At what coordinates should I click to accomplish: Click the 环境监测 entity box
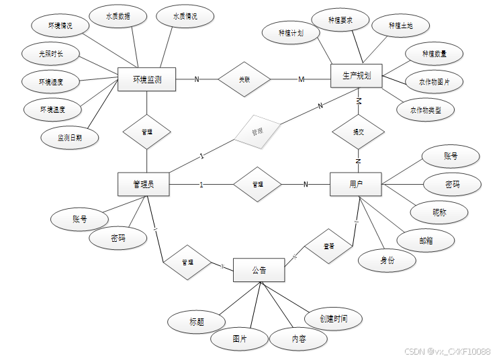[146, 80]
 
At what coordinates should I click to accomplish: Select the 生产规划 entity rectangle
[356, 77]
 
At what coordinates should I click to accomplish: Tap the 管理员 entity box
[143, 184]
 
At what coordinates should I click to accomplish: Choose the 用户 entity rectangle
[356, 184]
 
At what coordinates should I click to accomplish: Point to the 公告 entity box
[259, 270]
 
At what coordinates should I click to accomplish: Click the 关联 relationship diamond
[244, 79]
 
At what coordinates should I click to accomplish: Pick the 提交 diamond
[359, 132]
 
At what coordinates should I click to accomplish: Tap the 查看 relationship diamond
[329, 246]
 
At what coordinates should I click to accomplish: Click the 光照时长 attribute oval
[50, 54]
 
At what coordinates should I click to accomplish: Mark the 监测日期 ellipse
[69, 138]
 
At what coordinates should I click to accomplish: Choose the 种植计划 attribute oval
[291, 32]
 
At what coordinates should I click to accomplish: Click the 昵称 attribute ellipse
[439, 213]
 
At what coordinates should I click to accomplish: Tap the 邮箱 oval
[426, 240]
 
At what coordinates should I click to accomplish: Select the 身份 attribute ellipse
[387, 260]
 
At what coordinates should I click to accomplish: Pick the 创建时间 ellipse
[334, 318]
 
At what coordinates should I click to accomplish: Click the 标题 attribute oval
[197, 322]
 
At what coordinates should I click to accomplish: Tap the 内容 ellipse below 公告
[299, 339]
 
